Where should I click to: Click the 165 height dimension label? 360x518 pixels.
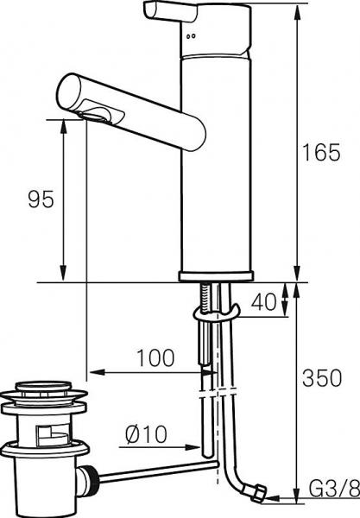(321, 152)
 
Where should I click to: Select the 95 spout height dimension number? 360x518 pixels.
(41, 199)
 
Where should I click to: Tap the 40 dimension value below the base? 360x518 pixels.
(263, 301)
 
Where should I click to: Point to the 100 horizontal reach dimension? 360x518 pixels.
(155, 357)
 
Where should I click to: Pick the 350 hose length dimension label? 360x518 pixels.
(322, 378)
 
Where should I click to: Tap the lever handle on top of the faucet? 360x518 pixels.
(170, 12)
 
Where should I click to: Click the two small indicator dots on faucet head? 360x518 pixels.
(191, 36)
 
